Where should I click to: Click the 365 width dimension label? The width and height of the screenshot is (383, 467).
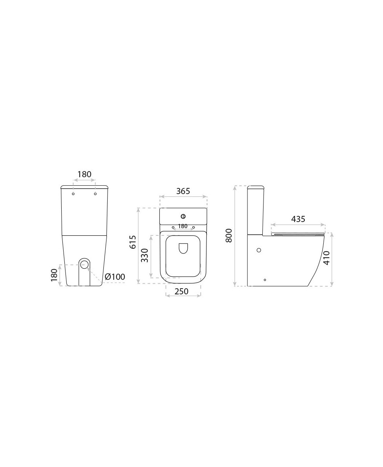click(183, 191)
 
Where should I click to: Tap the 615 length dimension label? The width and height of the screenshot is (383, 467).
click(133, 242)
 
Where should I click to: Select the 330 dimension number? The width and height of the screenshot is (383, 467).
click(144, 255)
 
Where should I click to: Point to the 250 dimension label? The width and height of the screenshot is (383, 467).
click(182, 291)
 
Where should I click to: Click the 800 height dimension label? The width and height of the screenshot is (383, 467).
click(229, 235)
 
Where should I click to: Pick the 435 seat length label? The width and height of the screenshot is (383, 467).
click(298, 219)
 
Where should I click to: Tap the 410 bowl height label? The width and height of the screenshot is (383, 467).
click(327, 258)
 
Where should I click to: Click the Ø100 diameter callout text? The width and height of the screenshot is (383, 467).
click(115, 277)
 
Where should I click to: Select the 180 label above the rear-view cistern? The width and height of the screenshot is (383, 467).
click(84, 174)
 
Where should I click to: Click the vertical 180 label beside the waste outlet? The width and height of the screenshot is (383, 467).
click(54, 275)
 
